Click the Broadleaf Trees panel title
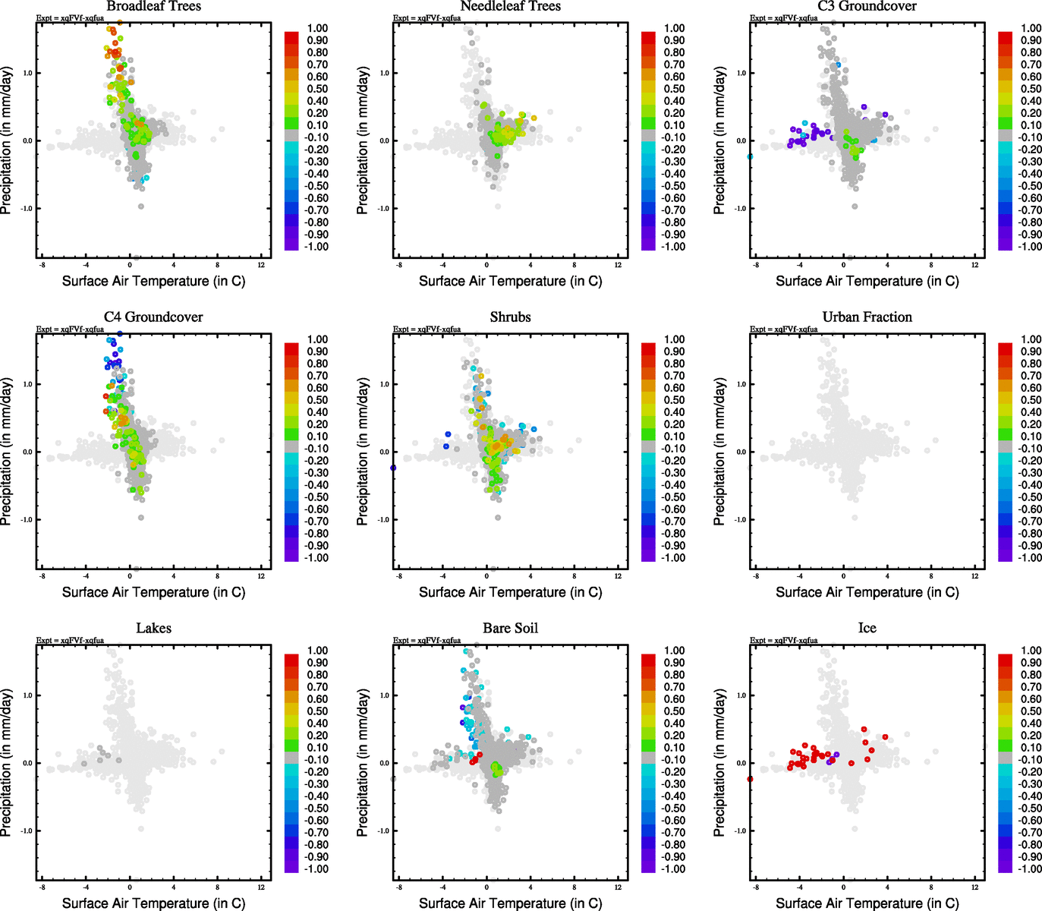coord(153,7)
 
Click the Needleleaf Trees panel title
coord(510,7)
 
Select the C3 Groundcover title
coord(867,7)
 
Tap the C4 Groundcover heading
coord(153,317)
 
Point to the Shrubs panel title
coord(510,317)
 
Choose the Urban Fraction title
coord(867,317)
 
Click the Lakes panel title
coord(153,629)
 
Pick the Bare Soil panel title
coord(510,629)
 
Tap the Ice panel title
coord(867,629)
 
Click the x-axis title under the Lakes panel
coord(153,903)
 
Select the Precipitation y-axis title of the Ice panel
coord(719,762)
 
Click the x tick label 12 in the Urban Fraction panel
coord(974,576)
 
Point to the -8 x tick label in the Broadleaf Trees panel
coord(42,265)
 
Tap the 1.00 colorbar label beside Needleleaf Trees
coord(674,28)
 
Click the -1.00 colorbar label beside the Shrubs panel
coord(674,558)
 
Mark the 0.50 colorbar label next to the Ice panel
coord(1031,711)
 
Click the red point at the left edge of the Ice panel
coord(750,779)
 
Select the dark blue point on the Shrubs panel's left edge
coord(393,468)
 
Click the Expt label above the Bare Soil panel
coord(427,641)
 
